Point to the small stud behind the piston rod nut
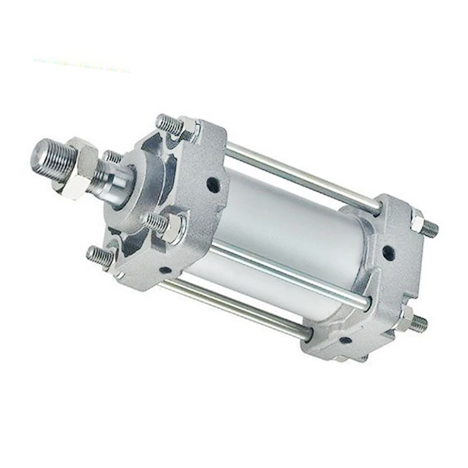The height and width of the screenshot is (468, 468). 112,157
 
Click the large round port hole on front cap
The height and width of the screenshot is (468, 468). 213,185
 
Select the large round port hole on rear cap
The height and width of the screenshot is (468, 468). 388,253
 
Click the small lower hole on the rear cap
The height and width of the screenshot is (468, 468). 344,340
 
